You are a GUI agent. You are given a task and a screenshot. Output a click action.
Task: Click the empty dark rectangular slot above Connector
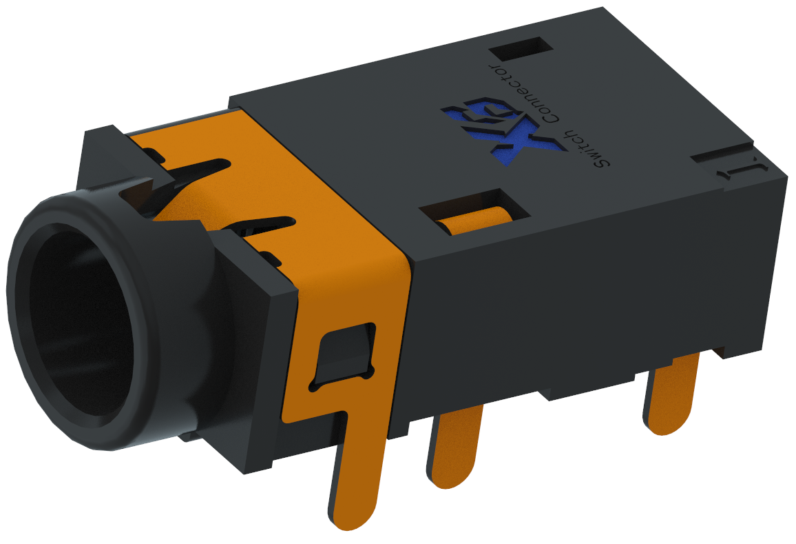coord(521,50)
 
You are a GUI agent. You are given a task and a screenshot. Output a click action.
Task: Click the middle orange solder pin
coord(455,448)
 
